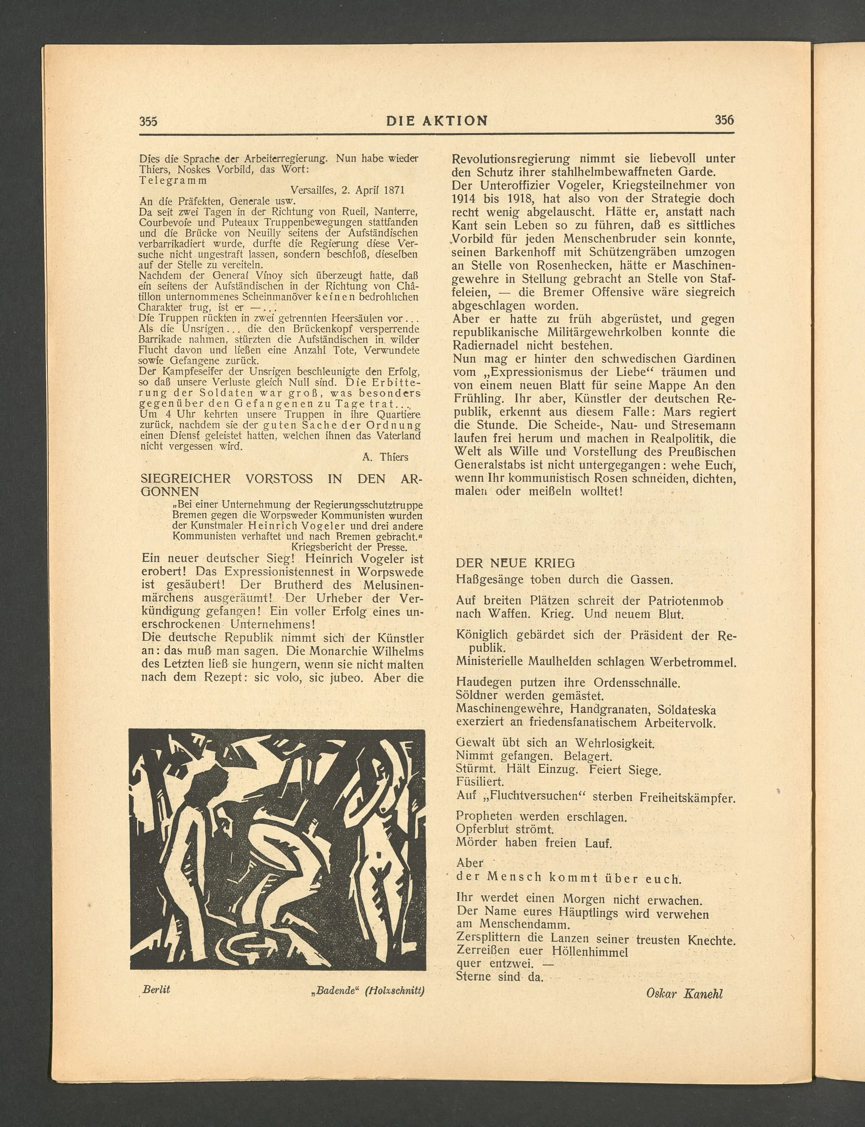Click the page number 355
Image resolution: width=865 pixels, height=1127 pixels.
tap(148, 122)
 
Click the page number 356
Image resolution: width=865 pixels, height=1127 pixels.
tap(724, 120)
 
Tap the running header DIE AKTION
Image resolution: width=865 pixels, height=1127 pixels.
tap(436, 121)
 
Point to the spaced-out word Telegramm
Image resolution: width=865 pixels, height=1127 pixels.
tap(173, 180)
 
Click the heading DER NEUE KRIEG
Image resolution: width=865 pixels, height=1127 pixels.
tap(515, 563)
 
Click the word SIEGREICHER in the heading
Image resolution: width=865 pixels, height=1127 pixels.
tap(186, 479)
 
